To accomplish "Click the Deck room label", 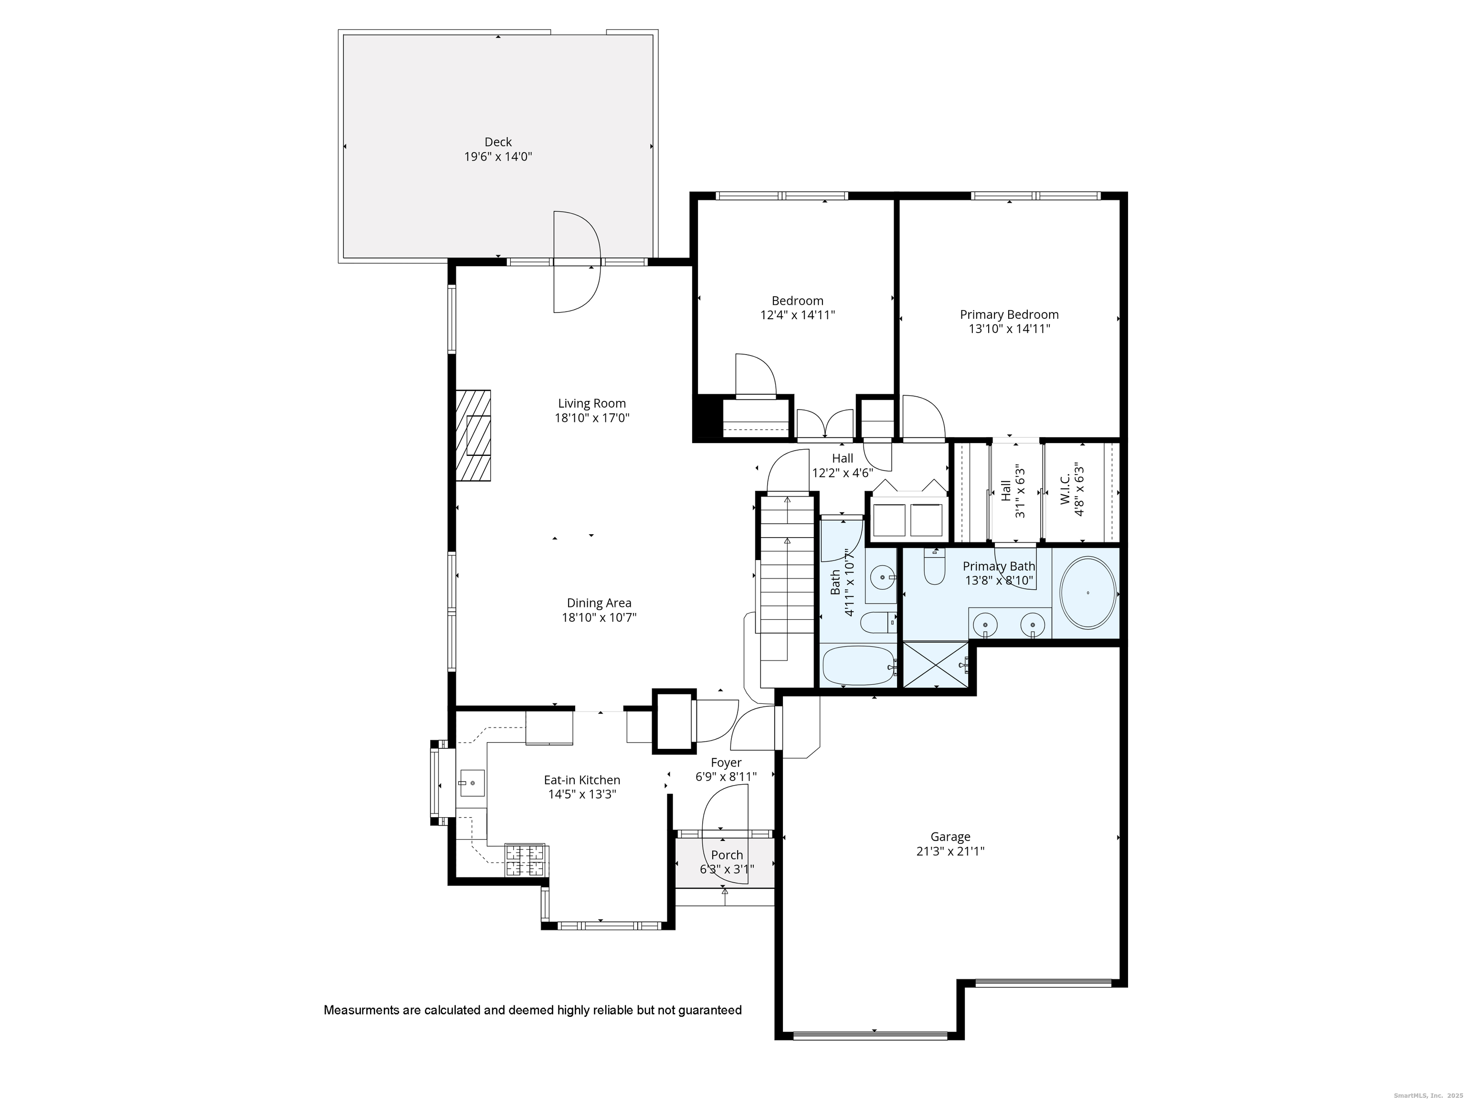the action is pyautogui.click(x=498, y=142).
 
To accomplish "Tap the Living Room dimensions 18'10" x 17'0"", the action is pyautogui.click(x=592, y=418).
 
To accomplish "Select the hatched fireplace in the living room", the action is pyautogui.click(x=473, y=435).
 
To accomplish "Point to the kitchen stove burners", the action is pyautogui.click(x=526, y=860).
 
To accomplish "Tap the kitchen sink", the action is pyautogui.click(x=472, y=783).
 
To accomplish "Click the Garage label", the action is pyautogui.click(x=950, y=837).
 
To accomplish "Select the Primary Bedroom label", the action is pyautogui.click(x=1009, y=314).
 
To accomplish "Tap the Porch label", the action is pyautogui.click(x=727, y=855).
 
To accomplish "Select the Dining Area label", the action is pyautogui.click(x=599, y=603).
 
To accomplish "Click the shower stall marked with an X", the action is pyautogui.click(x=936, y=665).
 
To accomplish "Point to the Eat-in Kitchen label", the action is pyautogui.click(x=582, y=780).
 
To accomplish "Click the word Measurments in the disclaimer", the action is pyautogui.click(x=360, y=1011).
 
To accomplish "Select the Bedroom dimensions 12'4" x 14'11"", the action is pyautogui.click(x=797, y=315).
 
